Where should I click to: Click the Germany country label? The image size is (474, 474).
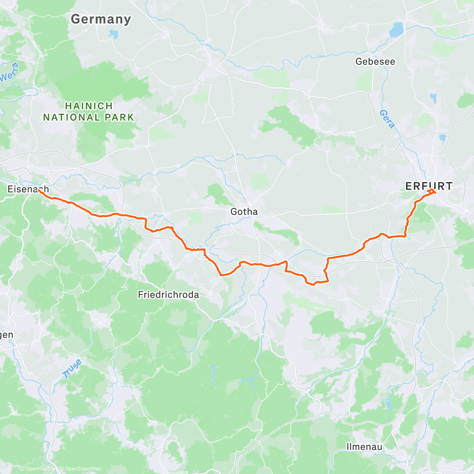pos(101,19)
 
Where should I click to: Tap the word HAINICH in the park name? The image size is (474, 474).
pos(89,106)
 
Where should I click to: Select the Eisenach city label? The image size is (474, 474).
pos(28,189)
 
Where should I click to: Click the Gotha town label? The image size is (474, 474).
pos(244,212)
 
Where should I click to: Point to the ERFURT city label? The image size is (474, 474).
pos(429,186)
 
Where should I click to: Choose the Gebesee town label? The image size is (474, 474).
pos(375,61)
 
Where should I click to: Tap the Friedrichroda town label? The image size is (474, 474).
pos(168,295)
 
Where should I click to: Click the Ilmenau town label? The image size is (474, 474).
pos(364,447)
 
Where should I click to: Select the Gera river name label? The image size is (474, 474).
pos(387,119)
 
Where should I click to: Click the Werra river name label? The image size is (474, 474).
pos(9,72)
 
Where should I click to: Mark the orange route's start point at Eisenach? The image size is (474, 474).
pos(39,190)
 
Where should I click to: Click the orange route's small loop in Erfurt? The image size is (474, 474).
pos(431,192)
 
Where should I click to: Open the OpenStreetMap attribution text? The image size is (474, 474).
pos(83,468)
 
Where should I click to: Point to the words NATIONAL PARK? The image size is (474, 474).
pos(89,117)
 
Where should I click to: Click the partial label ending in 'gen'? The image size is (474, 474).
pos(7,335)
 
